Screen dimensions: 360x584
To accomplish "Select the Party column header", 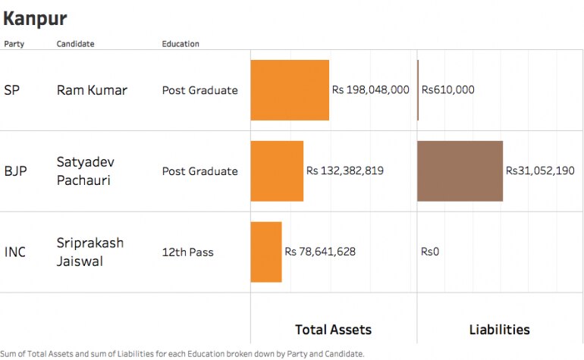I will (14, 44).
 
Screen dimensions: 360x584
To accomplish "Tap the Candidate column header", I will (75, 44).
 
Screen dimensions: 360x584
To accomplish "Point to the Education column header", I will (181, 44).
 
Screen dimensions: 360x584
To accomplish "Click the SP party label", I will (11, 90).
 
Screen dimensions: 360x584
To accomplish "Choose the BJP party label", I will (15, 171).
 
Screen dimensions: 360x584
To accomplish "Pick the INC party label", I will (14, 252).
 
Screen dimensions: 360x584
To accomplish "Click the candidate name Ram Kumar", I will (92, 90).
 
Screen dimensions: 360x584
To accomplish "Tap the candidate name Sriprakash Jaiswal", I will (89, 252).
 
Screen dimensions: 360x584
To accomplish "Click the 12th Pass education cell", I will (187, 252).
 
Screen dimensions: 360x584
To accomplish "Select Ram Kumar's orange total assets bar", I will (290, 90).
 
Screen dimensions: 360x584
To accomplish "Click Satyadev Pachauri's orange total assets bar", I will (277, 171).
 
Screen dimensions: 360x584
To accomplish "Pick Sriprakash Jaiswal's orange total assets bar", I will (265, 252).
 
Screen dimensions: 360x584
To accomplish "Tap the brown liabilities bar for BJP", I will (460, 171).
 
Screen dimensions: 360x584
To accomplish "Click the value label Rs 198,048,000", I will (370, 90).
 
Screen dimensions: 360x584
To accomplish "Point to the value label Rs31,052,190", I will (540, 171).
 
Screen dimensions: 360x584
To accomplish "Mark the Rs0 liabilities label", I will (430, 252).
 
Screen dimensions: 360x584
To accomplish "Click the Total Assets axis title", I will (333, 330).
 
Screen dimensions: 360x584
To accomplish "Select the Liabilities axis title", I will (499, 330).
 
